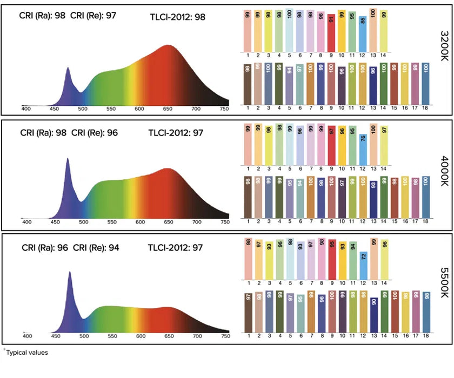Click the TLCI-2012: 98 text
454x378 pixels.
pos(177,17)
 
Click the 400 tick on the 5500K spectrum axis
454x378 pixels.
pos(27,336)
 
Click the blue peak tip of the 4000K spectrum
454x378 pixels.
pos(68,159)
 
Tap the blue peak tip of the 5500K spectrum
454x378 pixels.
pos(69,272)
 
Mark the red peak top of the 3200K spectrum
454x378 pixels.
pos(168,46)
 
